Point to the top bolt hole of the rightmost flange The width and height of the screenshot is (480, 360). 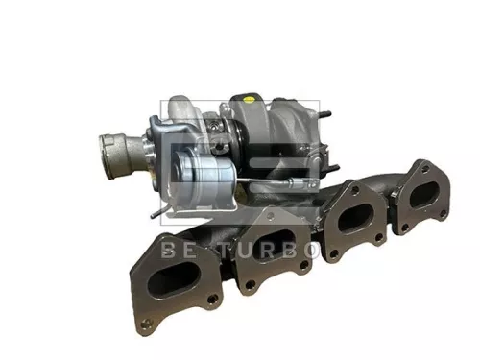(420, 169)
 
